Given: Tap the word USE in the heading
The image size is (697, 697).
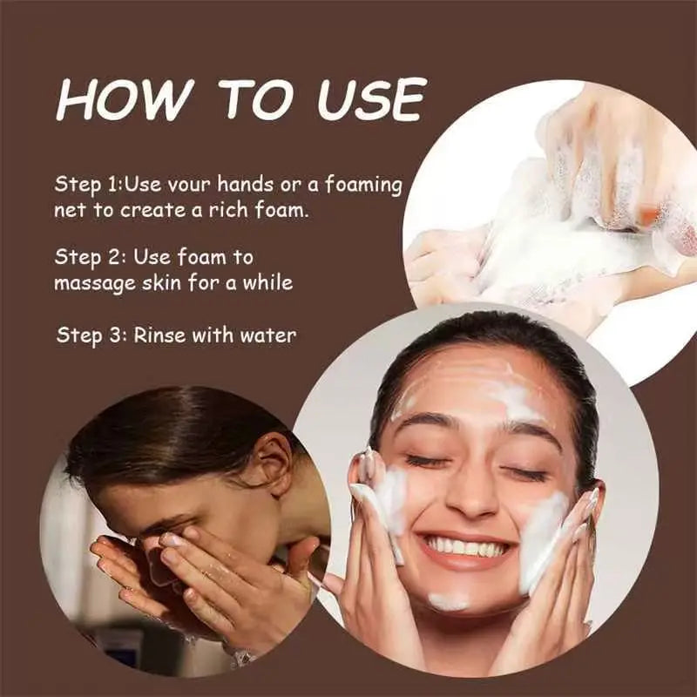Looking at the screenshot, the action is coord(370,99).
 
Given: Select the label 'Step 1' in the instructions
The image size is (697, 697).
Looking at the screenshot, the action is coord(87,185).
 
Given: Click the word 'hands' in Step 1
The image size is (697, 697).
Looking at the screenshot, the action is coord(245,184).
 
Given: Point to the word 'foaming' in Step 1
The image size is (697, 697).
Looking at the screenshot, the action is coord(363,186).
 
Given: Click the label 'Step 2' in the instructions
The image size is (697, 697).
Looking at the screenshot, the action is coord(88,257).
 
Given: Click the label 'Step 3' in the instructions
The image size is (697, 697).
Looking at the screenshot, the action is coord(90,335).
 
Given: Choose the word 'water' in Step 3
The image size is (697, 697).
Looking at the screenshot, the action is coord(267,335).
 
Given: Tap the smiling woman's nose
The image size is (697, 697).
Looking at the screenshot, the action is coord(469,497).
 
